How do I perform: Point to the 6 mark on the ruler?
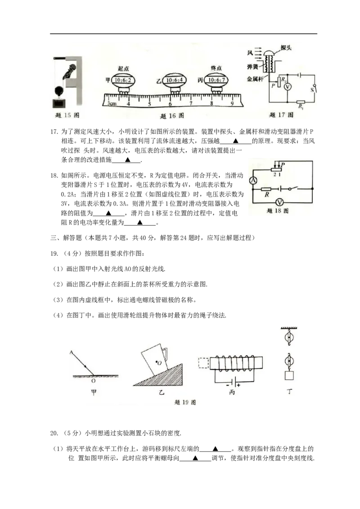coord(170,104)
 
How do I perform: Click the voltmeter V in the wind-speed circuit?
coord(288,87)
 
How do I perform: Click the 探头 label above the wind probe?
coord(286,48)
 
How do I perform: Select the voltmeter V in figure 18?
coord(279,202)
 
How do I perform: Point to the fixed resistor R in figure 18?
coord(266,189)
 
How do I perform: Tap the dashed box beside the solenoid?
coord(203,363)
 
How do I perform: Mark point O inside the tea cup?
coord(156,362)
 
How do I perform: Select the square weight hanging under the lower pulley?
coord(289,375)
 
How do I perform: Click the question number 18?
coord(54,176)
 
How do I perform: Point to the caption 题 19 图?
coord(185,402)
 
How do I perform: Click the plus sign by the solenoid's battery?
coord(239,385)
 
